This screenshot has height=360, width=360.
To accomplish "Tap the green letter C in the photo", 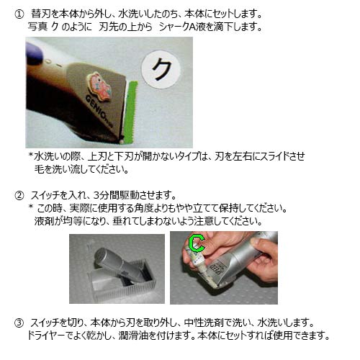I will point(194,243).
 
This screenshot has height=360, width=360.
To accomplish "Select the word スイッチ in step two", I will point(48,195).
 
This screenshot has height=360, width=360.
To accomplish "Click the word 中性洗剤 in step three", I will point(215,321).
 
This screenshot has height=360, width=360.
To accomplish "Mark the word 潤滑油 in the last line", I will point(160,336).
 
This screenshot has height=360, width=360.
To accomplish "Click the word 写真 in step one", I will point(35,27).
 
